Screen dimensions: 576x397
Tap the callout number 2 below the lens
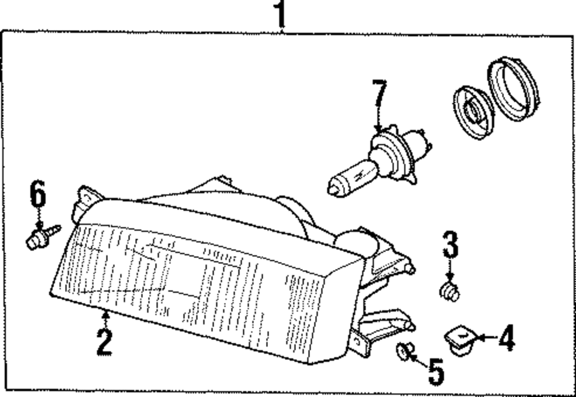click(104, 342)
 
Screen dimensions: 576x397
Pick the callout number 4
click(506, 339)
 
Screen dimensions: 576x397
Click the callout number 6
click(38, 194)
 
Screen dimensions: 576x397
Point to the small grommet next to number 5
click(407, 351)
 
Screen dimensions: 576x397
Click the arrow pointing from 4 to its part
click(484, 338)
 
